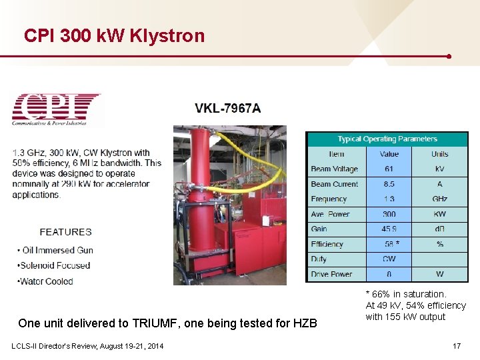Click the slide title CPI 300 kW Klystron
click(114, 35)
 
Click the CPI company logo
click(56, 109)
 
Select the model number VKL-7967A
click(228, 109)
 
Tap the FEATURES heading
click(65, 232)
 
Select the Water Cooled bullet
click(45, 281)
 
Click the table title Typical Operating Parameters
click(387, 139)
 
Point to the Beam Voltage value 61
click(389, 169)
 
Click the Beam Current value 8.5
click(389, 184)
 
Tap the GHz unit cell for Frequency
click(439, 199)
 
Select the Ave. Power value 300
click(389, 214)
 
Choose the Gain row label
click(319, 229)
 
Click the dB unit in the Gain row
click(439, 229)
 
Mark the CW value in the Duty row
click(389, 259)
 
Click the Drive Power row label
click(331, 274)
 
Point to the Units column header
click(439, 154)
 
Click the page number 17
click(457, 346)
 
